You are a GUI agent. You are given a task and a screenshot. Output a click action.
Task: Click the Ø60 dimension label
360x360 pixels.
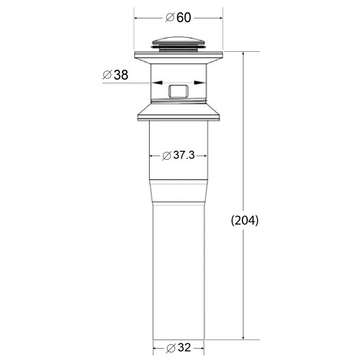pyautogui.click(x=179, y=18)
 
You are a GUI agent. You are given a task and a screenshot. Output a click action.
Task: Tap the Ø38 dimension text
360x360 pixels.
pyautogui.click(x=116, y=75)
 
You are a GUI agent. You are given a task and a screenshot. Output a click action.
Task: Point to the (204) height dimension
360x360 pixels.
pyautogui.click(x=244, y=221)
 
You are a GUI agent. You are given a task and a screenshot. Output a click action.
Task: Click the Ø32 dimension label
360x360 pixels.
pyautogui.click(x=178, y=348)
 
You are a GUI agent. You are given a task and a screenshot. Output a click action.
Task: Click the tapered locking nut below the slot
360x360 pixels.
pyautogui.click(x=179, y=112)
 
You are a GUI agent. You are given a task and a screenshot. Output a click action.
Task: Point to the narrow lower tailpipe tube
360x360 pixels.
pyautogui.click(x=179, y=270)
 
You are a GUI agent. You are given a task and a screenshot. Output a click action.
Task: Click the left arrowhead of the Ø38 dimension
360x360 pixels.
pyautogui.click(x=155, y=83)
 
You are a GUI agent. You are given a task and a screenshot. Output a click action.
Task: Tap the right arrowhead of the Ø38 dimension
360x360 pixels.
pyautogui.click(x=202, y=83)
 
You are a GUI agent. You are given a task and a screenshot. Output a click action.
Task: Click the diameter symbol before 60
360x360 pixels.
pyautogui.click(x=170, y=18)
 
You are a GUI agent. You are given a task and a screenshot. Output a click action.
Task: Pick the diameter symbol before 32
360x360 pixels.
pyautogui.click(x=170, y=348)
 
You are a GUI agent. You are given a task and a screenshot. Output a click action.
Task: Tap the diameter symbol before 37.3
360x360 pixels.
pyautogui.click(x=166, y=156)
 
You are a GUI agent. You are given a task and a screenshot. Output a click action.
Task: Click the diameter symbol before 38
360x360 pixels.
pyautogui.click(x=107, y=75)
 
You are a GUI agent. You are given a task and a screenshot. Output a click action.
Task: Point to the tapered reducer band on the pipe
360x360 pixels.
pyautogui.click(x=179, y=192)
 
